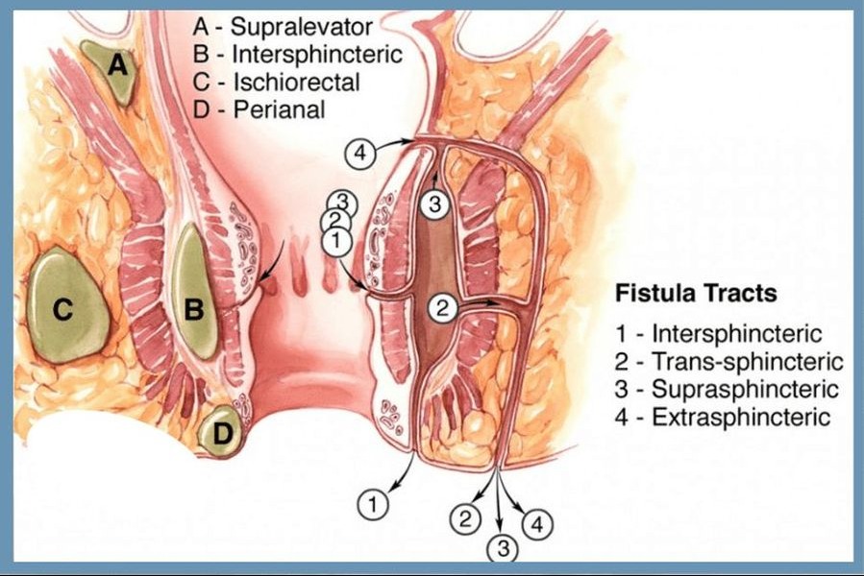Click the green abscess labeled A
pyautogui.click(x=113, y=71)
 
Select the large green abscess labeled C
pyautogui.click(x=65, y=305)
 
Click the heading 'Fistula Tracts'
pyautogui.click(x=696, y=293)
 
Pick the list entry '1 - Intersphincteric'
pyautogui.click(x=720, y=334)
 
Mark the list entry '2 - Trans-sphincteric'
pyautogui.click(x=729, y=362)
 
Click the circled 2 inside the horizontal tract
pyautogui.click(x=442, y=308)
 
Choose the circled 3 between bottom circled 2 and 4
pyautogui.click(x=502, y=548)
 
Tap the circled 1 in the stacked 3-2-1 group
pyautogui.click(x=336, y=242)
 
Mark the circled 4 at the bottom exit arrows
pyautogui.click(x=537, y=524)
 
